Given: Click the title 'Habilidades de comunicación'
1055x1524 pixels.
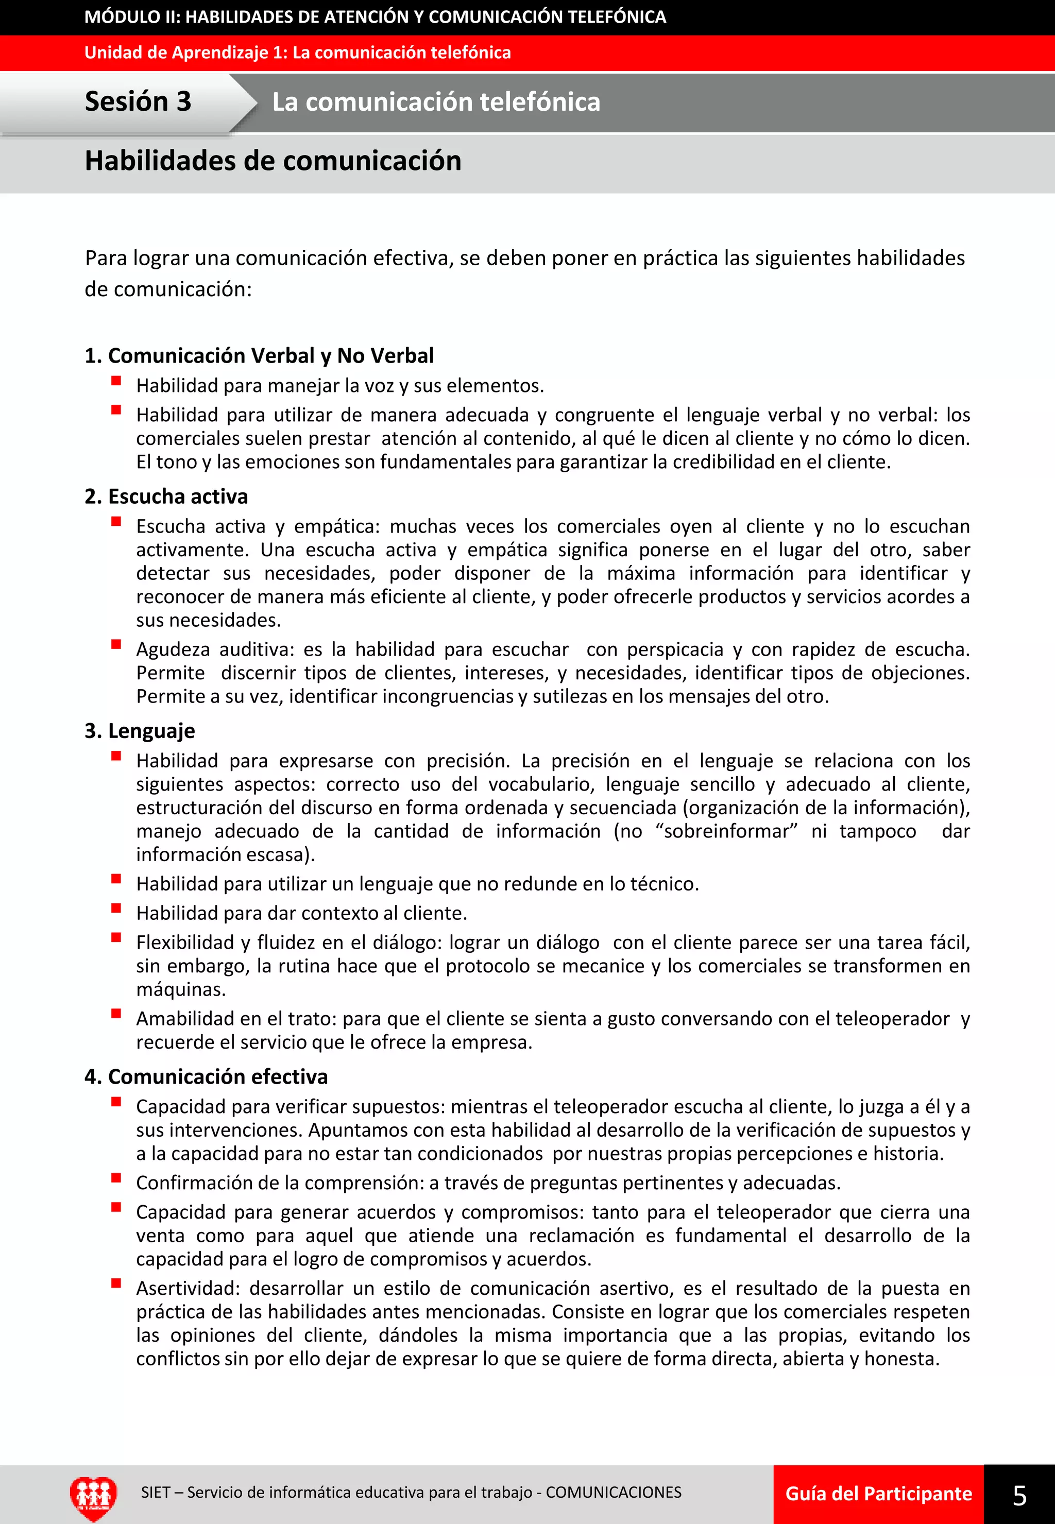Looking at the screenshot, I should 273,161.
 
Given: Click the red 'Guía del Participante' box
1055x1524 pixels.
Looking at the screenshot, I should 878,1494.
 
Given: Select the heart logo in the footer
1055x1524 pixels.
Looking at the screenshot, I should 93,1496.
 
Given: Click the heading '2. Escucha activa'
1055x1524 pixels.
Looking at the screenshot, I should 166,496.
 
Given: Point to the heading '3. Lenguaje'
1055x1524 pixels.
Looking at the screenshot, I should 140,731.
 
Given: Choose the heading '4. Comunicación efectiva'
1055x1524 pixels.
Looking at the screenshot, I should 206,1076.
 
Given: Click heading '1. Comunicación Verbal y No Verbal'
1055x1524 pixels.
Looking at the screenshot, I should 259,355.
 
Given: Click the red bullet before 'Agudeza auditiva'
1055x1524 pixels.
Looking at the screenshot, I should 116,644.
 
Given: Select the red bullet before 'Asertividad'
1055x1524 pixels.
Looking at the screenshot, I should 116,1283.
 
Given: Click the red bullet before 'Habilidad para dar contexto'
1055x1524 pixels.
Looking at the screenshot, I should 116,908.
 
